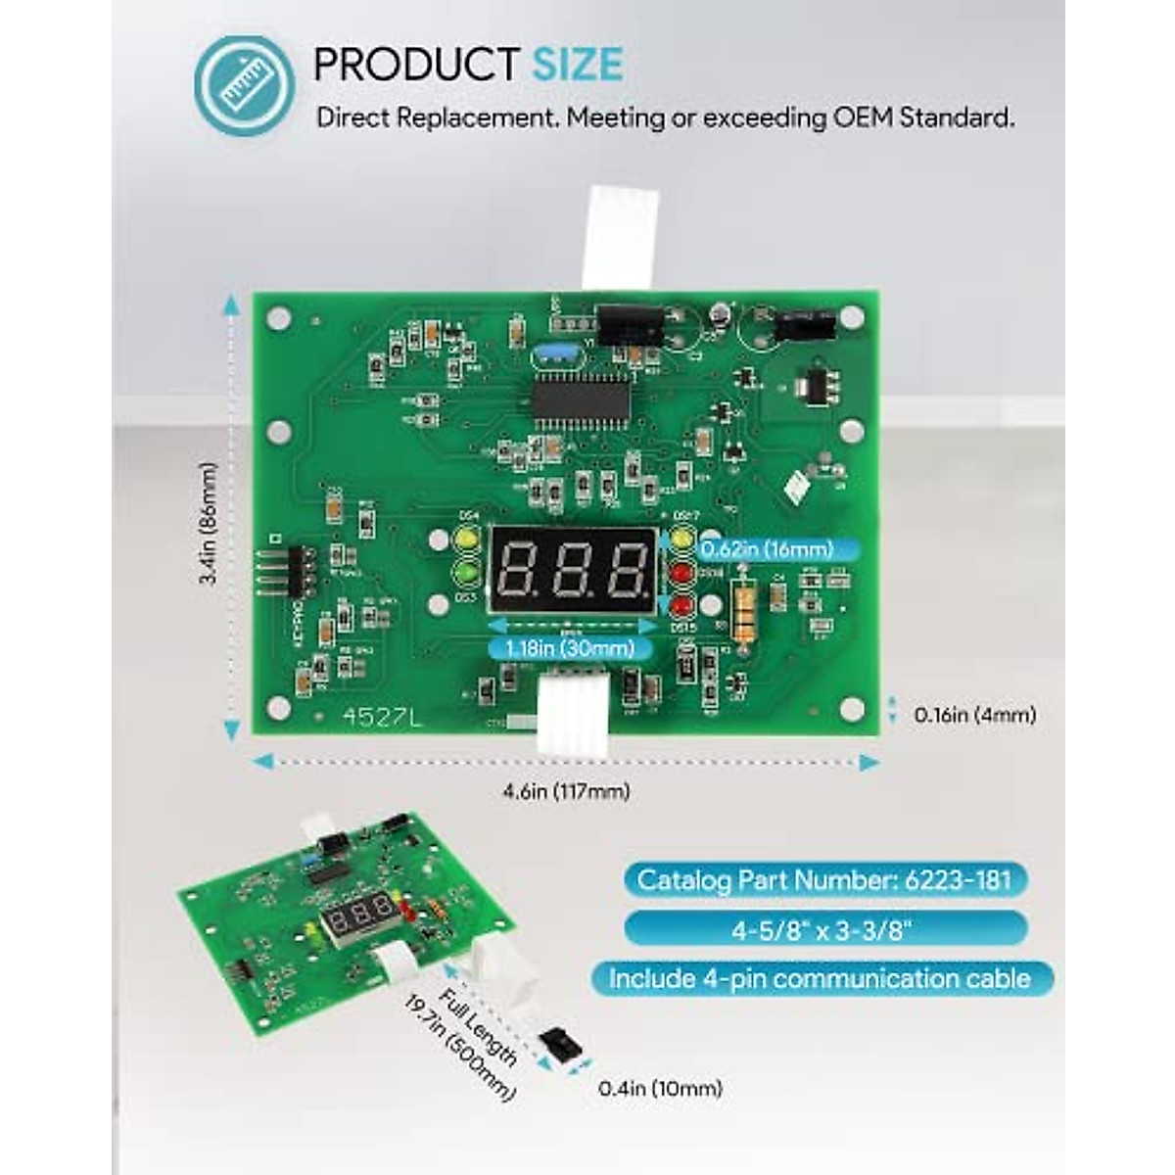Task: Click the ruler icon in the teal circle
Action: click(244, 86)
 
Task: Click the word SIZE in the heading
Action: click(577, 65)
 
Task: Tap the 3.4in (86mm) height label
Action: click(209, 524)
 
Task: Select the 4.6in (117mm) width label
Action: click(566, 791)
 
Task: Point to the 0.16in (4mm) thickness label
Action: click(974, 715)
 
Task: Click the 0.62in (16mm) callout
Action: click(766, 549)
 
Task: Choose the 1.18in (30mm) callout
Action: click(570, 648)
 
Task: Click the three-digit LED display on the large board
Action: click(572, 570)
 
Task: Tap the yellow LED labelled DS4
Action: click(466, 540)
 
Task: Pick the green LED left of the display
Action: click(466, 572)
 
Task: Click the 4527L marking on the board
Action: click(382, 718)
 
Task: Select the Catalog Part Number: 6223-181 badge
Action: click(824, 879)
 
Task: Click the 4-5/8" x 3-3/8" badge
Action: click(822, 928)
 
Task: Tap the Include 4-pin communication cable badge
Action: click(821, 978)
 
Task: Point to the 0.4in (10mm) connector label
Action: click(660, 1088)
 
